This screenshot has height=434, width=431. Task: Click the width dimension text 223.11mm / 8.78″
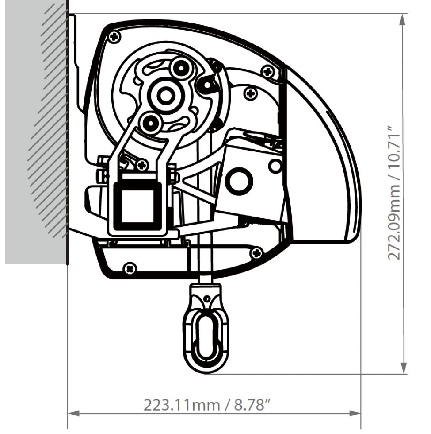(207, 404)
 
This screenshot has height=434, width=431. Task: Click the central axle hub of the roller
(166, 94)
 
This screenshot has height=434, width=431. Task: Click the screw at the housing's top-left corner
(115, 36)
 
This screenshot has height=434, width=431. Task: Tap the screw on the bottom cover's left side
(130, 267)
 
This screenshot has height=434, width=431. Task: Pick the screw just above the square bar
(141, 166)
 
